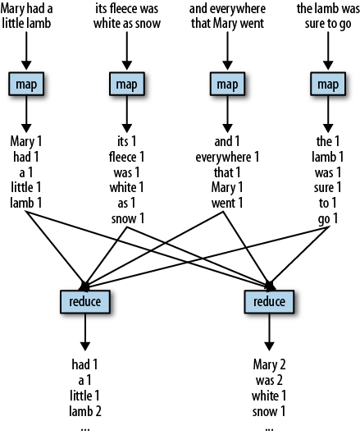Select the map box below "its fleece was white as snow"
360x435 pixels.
click(125, 84)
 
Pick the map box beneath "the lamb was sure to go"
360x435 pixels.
click(328, 84)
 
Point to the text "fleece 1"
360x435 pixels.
click(125, 156)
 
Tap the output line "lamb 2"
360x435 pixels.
click(85, 410)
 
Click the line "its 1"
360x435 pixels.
click(125, 140)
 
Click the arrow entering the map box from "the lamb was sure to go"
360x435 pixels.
click(328, 50)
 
